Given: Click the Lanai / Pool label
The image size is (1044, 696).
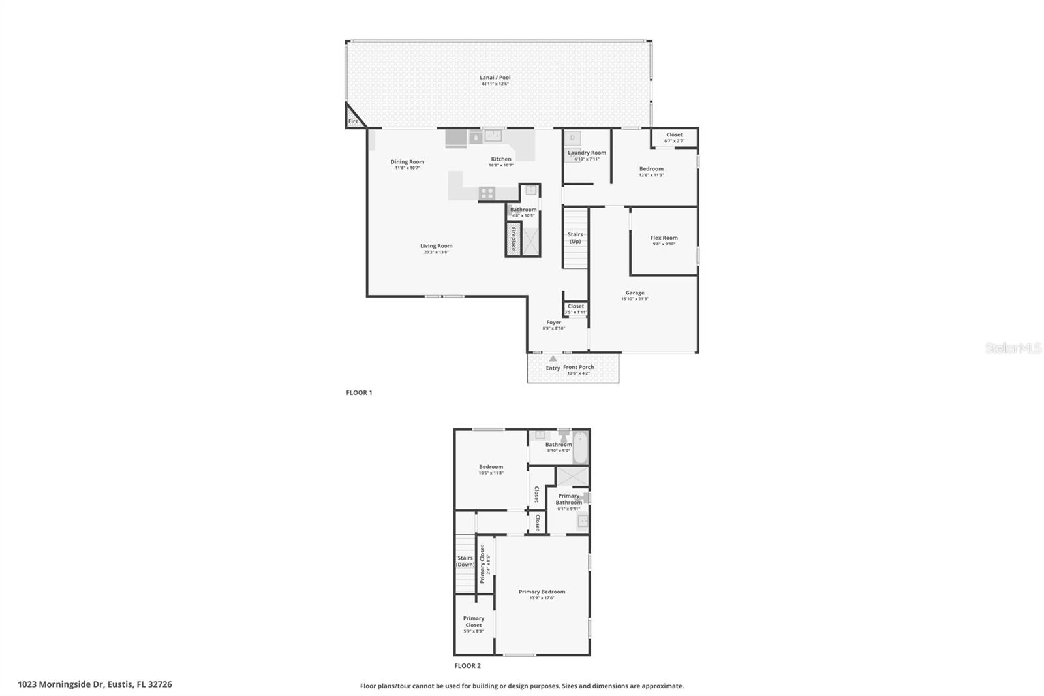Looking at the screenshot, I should [495, 78].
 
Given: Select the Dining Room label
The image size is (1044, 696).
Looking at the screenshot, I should [407, 162].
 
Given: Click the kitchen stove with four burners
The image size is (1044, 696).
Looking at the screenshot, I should [487, 193].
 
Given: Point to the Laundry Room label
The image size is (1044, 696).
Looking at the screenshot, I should [587, 153].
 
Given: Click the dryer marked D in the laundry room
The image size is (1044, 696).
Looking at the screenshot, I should [572, 138].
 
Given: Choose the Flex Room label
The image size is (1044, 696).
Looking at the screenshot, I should [664, 238].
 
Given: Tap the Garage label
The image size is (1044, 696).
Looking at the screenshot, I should [634, 293].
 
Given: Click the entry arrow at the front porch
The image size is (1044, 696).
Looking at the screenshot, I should [553, 359].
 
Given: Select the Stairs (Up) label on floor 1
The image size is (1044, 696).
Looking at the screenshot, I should [575, 238].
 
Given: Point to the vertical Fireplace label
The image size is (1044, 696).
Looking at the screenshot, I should [514, 239].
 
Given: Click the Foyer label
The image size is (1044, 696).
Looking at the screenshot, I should [553, 322].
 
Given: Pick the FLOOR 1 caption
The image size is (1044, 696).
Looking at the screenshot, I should [359, 393].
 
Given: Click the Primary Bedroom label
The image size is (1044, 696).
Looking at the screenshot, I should [542, 592].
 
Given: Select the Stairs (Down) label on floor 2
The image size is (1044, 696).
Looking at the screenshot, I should [465, 562].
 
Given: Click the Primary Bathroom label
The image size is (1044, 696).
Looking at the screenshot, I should [568, 499].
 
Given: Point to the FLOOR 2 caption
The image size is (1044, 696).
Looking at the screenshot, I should [467, 666].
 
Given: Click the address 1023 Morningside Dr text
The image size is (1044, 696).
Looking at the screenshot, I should [95, 684].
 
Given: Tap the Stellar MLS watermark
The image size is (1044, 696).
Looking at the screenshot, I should [1013, 349].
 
